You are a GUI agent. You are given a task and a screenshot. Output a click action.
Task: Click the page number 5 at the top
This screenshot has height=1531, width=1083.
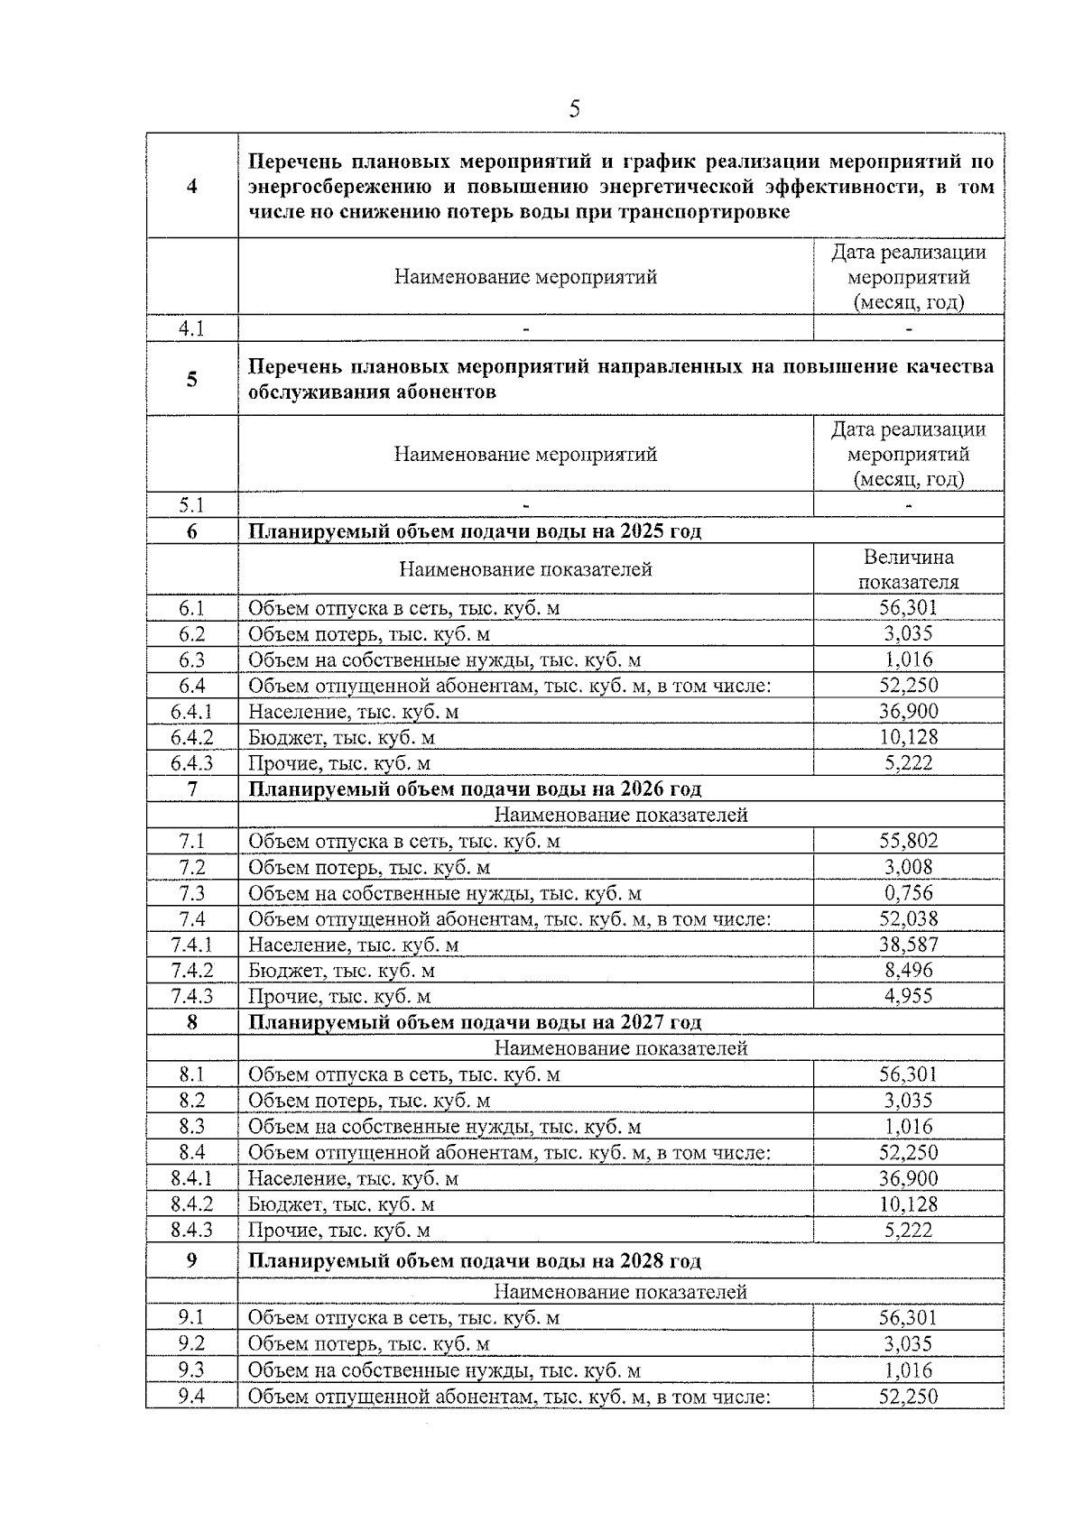[x=574, y=110]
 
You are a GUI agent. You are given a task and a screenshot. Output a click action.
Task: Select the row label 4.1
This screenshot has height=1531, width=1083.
[x=192, y=328]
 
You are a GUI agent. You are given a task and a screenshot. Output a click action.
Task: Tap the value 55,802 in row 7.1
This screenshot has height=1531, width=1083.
[x=908, y=841]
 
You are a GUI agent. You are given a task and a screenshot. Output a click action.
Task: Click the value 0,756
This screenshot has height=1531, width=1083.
[x=908, y=893]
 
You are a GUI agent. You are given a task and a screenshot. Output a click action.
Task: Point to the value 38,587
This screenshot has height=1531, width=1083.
[x=908, y=945]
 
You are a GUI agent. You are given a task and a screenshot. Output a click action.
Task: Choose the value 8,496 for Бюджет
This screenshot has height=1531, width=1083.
[x=908, y=971]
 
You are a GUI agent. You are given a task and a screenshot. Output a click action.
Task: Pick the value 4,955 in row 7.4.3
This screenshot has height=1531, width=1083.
[x=908, y=997]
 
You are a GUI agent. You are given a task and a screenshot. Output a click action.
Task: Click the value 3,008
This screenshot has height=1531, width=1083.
[x=908, y=867]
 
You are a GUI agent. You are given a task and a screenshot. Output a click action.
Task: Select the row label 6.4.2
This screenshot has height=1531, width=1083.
[x=192, y=738]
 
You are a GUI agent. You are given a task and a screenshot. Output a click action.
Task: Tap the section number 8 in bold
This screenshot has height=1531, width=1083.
[x=192, y=1022]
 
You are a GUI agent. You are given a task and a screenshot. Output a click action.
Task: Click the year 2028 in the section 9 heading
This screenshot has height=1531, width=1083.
[x=642, y=1261]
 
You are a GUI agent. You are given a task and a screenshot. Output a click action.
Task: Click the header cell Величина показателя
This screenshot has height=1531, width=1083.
[x=908, y=569]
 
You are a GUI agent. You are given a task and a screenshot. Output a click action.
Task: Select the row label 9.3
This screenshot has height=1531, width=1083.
[x=192, y=1370]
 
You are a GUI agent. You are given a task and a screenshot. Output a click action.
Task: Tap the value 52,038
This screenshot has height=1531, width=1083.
[x=908, y=919]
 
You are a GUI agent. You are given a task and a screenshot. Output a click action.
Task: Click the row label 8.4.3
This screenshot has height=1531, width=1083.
[x=192, y=1231]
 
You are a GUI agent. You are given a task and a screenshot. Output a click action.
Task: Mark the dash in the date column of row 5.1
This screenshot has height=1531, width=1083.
[x=908, y=505]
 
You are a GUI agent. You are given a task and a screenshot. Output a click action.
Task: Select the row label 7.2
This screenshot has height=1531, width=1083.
[x=192, y=867]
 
